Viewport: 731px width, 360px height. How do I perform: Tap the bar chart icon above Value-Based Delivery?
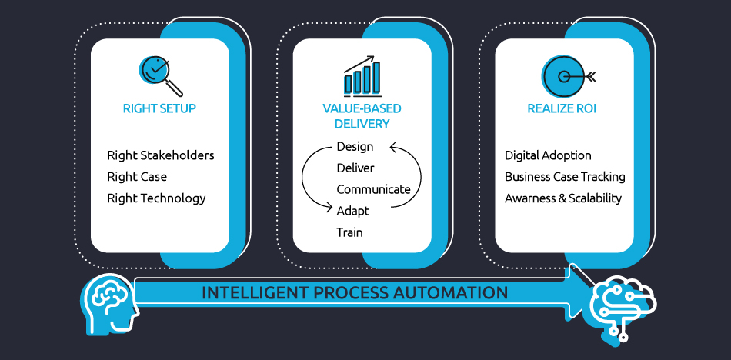coord(362,75)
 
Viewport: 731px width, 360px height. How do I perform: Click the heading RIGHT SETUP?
coord(159,108)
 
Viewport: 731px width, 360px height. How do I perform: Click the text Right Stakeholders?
coord(161,155)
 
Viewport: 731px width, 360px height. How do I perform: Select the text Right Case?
coord(137,177)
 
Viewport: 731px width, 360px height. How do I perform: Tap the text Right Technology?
coord(156,198)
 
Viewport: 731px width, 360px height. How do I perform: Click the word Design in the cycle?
coord(355,146)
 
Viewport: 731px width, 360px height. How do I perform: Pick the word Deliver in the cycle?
coord(355,168)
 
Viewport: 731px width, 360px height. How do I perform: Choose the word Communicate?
coord(373,189)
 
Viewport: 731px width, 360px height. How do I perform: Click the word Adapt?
coord(352,210)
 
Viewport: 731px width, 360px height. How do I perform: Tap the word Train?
coord(349,232)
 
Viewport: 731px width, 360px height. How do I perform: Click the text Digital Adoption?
coord(548,155)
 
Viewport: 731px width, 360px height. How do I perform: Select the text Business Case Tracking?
coord(565,177)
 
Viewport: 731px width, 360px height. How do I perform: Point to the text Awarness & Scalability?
coord(562,198)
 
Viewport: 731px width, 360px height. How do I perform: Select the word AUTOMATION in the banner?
coord(457,293)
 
